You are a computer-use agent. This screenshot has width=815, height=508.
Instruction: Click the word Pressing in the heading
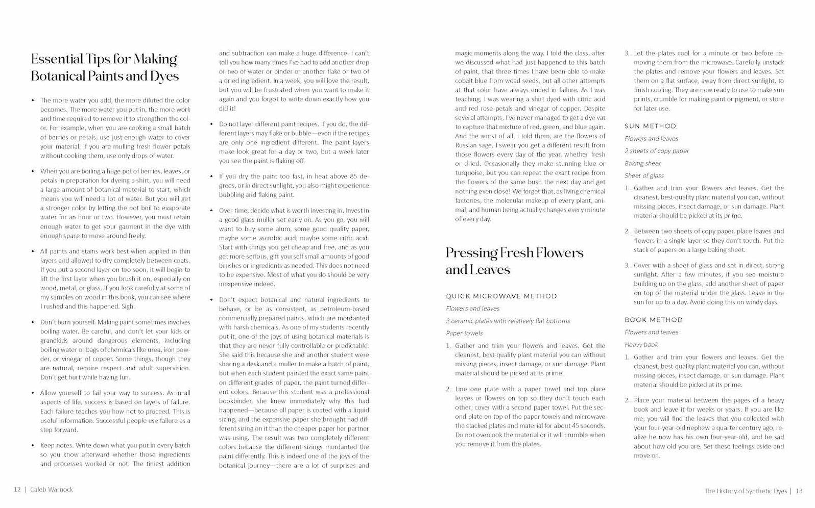point(471,252)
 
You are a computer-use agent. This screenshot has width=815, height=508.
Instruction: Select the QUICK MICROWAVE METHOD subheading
point(501,296)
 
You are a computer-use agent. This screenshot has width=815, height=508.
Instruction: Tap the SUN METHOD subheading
point(650,126)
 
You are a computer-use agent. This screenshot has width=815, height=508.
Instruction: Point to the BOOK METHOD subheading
point(653,320)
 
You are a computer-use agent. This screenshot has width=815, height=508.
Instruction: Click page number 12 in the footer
point(17,490)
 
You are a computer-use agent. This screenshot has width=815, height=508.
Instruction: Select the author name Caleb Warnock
point(52,490)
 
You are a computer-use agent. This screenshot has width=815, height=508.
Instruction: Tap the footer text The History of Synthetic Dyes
point(745,491)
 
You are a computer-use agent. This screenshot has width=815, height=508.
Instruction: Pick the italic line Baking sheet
point(642,163)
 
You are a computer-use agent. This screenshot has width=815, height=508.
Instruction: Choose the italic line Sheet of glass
point(644,175)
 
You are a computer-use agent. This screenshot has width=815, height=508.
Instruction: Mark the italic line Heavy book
point(641,345)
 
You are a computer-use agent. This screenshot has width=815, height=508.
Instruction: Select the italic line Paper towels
point(464,333)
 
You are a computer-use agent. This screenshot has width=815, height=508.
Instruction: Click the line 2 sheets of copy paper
point(656,151)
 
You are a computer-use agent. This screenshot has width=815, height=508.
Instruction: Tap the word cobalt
point(465,81)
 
